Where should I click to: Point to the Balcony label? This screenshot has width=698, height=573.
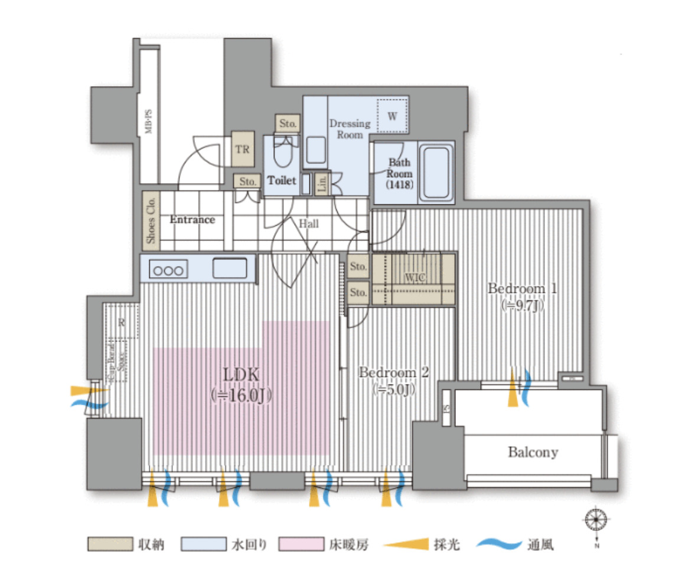tap(533, 452)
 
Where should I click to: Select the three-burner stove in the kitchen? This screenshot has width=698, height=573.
tap(168, 270)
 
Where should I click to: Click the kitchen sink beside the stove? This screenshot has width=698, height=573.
tap(230, 268)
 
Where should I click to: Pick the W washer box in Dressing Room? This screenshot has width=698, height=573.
tap(393, 116)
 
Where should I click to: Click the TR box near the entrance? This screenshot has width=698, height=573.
tap(243, 149)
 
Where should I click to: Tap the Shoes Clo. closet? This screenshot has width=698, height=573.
tap(151, 220)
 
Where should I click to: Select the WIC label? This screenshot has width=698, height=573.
tap(414, 278)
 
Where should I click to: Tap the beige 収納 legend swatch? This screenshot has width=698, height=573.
tap(109, 544)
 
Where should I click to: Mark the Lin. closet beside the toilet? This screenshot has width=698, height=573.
tap(322, 184)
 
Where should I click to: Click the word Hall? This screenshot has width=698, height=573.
tap(308, 224)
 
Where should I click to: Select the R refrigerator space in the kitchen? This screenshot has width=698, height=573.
tap(122, 323)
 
